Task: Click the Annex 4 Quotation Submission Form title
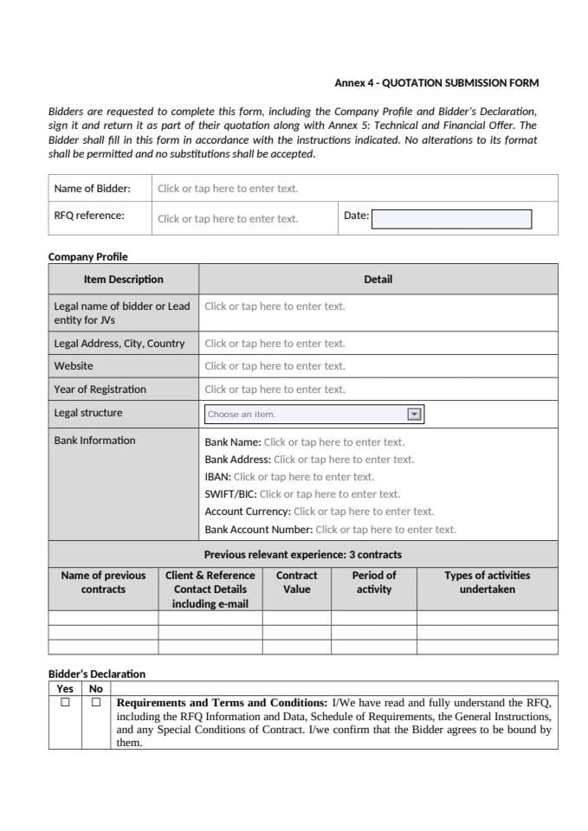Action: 436,83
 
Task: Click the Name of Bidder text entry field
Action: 228,189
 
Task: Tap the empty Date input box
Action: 451,219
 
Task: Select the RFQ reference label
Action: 89,216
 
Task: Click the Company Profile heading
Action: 87,256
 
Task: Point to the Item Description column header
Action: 123,279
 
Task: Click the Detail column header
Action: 378,279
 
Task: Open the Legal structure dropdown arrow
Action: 414,414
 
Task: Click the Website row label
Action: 74,366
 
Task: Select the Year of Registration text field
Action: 275,390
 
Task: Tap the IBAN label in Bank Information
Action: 217,477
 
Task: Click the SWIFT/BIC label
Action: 230,494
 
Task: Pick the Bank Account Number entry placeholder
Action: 385,530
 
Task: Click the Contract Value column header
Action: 296,582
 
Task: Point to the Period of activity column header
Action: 374,582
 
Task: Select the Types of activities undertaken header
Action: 487,582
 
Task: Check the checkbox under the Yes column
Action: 65,702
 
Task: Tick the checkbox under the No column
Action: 96,702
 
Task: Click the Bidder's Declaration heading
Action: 97,673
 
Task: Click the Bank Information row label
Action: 94,441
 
